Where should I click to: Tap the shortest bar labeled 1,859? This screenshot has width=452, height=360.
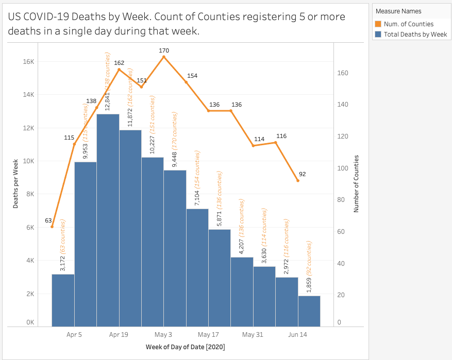click(x=309, y=311)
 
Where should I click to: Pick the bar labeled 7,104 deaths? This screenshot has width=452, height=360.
click(x=197, y=267)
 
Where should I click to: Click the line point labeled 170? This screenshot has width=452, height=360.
click(x=164, y=57)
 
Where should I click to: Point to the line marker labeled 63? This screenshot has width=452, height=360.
click(x=52, y=227)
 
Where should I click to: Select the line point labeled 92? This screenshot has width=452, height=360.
click(x=297, y=180)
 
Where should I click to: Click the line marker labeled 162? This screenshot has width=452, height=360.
click(x=119, y=69)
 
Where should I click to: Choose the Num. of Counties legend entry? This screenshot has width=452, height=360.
click(x=408, y=24)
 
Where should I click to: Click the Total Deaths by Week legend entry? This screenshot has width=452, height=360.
click(x=415, y=35)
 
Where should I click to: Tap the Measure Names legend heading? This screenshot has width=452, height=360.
click(x=398, y=11)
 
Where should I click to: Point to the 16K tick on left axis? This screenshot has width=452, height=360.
click(x=27, y=62)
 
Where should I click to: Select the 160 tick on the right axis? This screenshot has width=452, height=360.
click(x=343, y=73)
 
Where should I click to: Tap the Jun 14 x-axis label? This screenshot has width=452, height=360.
click(x=297, y=334)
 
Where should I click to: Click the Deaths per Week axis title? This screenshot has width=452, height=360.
click(x=16, y=183)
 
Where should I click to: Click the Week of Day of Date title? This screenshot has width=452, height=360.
click(x=185, y=347)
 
